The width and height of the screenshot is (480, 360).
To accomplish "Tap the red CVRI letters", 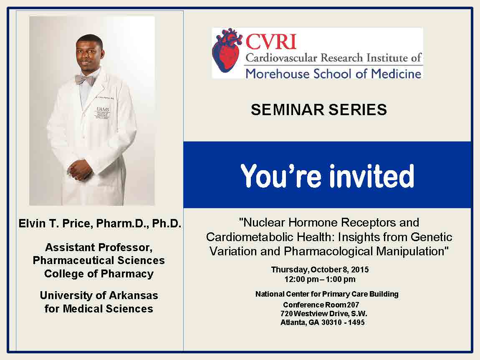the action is tap(271, 42).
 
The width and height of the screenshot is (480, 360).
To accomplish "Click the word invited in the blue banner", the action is tap(371, 176).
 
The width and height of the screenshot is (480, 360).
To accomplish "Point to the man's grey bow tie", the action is tap(85, 80).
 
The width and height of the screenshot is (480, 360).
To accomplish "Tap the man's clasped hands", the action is tap(79, 170).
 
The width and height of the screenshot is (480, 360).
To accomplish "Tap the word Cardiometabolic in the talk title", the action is tap(248, 237).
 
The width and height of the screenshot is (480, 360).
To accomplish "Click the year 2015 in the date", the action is tap(360, 269).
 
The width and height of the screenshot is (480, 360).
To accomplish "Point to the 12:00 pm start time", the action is tap(297, 279).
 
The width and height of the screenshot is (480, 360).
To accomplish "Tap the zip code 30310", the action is tap(331, 322).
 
